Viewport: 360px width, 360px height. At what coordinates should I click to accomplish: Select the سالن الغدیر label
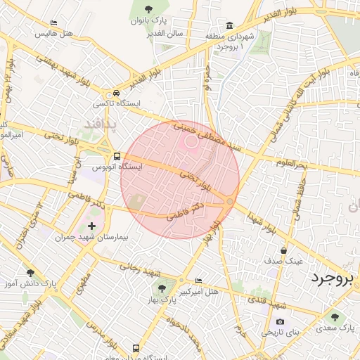[x=165, y=33]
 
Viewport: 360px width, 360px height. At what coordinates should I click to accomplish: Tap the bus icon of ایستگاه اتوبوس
[x=116, y=156]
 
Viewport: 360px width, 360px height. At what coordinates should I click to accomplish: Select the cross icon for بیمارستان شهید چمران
[x=92, y=226]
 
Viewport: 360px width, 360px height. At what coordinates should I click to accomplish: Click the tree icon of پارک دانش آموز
[x=30, y=273]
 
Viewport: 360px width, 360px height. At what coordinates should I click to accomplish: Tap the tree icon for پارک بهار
[x=163, y=288]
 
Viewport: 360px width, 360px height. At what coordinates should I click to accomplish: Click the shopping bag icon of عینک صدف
[x=283, y=250]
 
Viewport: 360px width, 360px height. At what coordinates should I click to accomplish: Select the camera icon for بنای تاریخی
[x=281, y=322]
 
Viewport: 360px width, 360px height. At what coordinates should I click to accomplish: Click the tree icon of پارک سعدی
[x=335, y=316]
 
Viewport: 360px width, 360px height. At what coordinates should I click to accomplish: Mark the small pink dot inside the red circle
[x=190, y=141]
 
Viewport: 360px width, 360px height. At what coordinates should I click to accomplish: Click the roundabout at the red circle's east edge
[x=229, y=202]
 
